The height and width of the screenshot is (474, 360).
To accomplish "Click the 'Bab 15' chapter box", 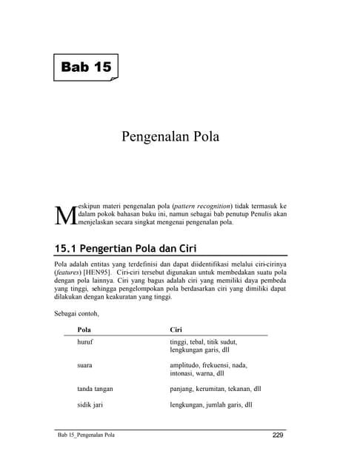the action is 86,67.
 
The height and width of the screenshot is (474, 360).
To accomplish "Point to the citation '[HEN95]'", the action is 98,273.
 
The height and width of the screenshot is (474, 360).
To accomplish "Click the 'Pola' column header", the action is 84,328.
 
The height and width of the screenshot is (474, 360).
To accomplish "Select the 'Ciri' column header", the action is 176,328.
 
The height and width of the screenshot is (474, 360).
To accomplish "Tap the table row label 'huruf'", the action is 86,342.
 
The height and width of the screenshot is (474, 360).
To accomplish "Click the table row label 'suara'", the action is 86,365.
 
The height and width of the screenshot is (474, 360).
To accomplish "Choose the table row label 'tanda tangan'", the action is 96,388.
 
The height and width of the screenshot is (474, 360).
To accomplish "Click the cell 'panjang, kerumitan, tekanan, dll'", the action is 215,388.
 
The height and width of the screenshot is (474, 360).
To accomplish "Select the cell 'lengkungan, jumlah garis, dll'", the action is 210,405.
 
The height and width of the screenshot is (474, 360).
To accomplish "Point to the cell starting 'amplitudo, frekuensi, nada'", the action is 208,370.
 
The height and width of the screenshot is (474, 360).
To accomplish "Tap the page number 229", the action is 277,435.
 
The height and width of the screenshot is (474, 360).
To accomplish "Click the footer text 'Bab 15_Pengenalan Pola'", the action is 86,435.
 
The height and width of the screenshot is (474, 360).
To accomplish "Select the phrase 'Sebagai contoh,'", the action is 76,313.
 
